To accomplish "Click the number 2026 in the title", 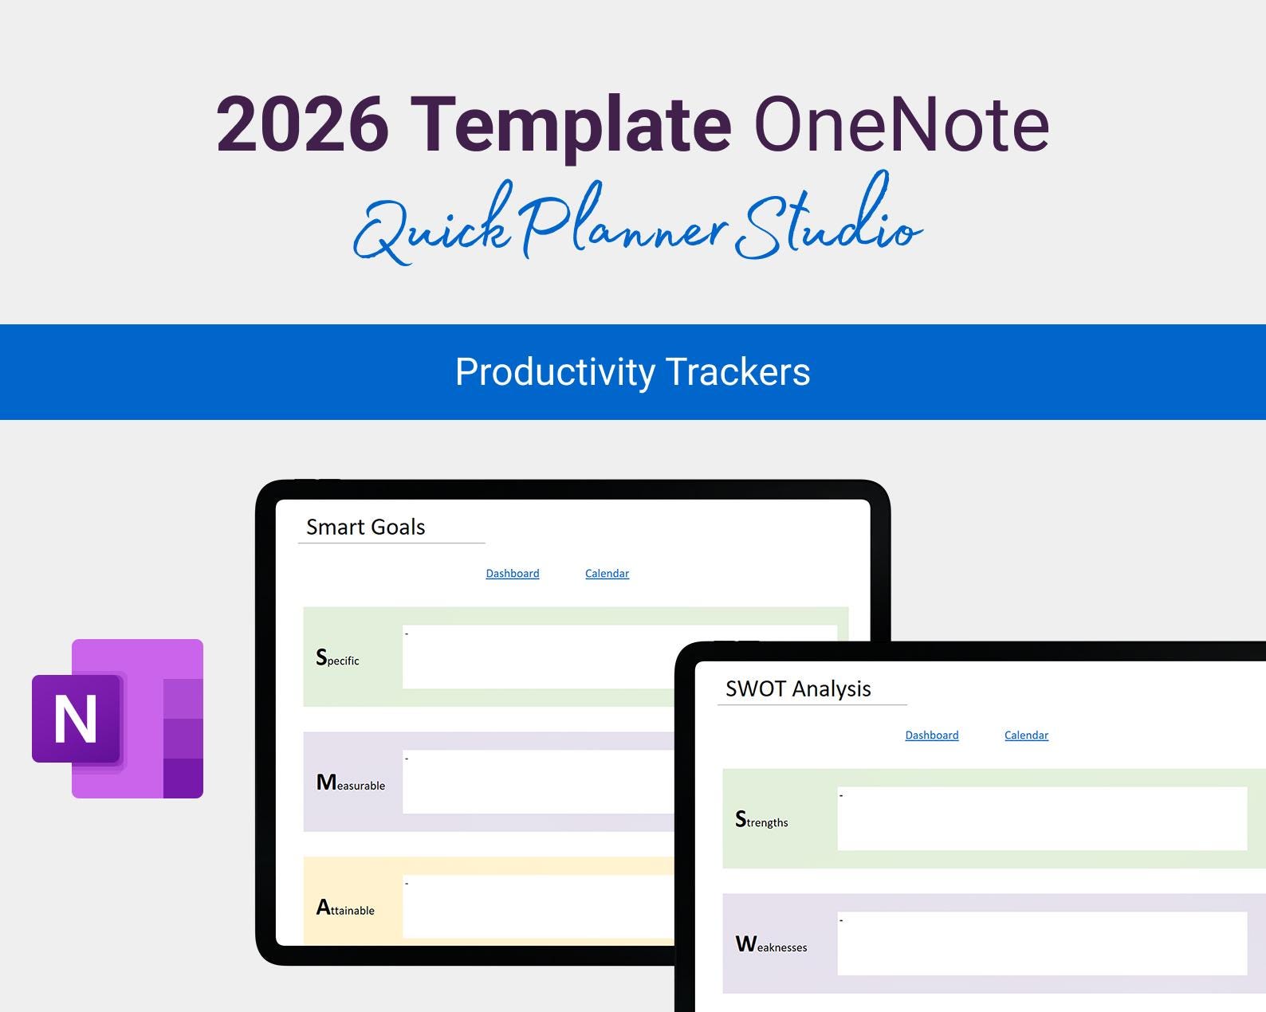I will click(302, 124).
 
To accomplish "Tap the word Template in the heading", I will click(571, 124).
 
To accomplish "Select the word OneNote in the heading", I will click(901, 124).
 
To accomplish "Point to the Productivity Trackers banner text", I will click(632, 372).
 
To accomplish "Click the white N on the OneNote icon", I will click(76, 719).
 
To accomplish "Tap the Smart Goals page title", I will click(366, 527).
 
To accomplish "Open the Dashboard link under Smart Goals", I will click(513, 574).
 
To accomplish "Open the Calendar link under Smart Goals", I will click(607, 574).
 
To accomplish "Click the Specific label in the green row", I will click(338, 658).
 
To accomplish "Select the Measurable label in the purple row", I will click(351, 783).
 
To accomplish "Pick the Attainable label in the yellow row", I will click(345, 908).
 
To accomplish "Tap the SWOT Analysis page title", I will click(798, 688).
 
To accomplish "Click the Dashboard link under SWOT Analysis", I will click(932, 735).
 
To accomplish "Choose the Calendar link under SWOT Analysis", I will click(1026, 735).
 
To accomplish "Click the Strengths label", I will click(761, 820).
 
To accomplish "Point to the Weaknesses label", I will click(771, 945).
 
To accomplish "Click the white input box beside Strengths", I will click(1041, 819).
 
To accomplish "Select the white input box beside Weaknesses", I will click(1041, 943).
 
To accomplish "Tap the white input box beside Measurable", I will click(538, 782).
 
